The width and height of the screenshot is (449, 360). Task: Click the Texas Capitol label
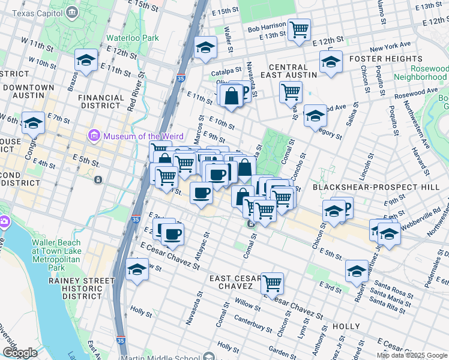(x=37, y=12)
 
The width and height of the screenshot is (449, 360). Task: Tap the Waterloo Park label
(x=132, y=37)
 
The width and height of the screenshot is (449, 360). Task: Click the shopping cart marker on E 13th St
(x=298, y=29)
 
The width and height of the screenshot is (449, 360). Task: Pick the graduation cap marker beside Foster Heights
(x=331, y=62)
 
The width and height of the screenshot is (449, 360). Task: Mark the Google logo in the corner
(x=20, y=353)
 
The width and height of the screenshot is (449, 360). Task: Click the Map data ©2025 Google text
(x=412, y=355)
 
